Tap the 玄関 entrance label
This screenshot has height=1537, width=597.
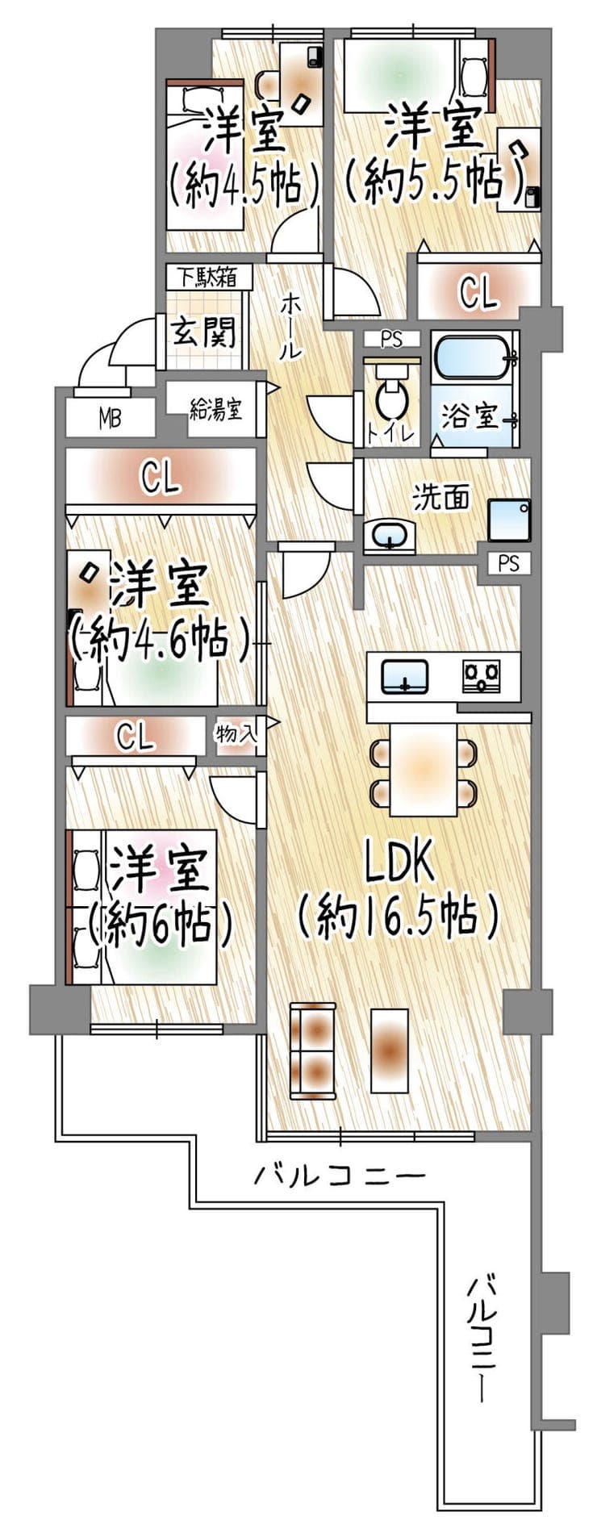tap(206, 331)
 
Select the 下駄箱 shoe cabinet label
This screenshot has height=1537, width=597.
tap(207, 278)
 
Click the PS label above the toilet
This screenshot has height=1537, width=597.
tap(391, 340)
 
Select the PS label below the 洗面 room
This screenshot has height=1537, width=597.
tap(509, 563)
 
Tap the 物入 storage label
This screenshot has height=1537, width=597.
tap(236, 734)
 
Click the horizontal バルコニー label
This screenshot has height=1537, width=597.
tap(339, 1176)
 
